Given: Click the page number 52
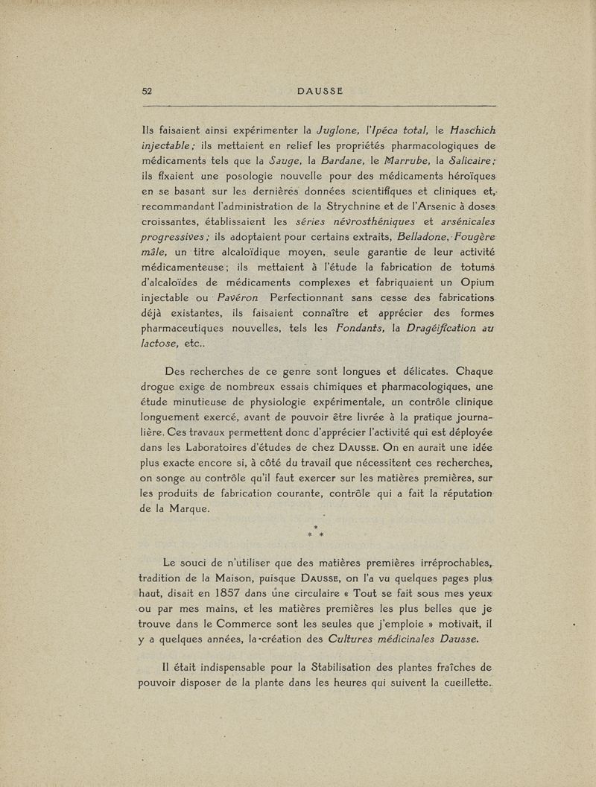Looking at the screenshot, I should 147,91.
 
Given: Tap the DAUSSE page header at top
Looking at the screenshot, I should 320,91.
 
